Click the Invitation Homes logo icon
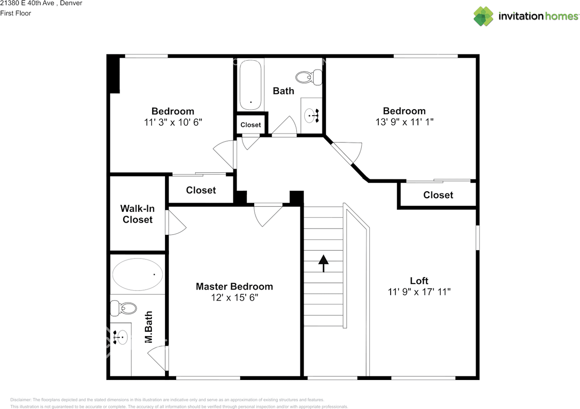pyautogui.click(x=483, y=16)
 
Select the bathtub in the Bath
pyautogui.click(x=251, y=85)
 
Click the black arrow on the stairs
pyautogui.click(x=323, y=263)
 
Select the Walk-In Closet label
pyautogui.click(x=138, y=214)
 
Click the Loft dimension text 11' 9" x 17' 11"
pyautogui.click(x=419, y=292)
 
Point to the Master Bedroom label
pyautogui.click(x=234, y=287)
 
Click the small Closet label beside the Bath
pyautogui.click(x=251, y=125)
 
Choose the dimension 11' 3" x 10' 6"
pyautogui.click(x=173, y=122)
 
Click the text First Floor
pyautogui.click(x=15, y=13)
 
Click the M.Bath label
pyautogui.click(x=148, y=327)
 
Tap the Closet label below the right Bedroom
pyautogui.click(x=438, y=195)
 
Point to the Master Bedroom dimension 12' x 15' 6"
pyautogui.click(x=234, y=298)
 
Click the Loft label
pyautogui.click(x=419, y=281)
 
